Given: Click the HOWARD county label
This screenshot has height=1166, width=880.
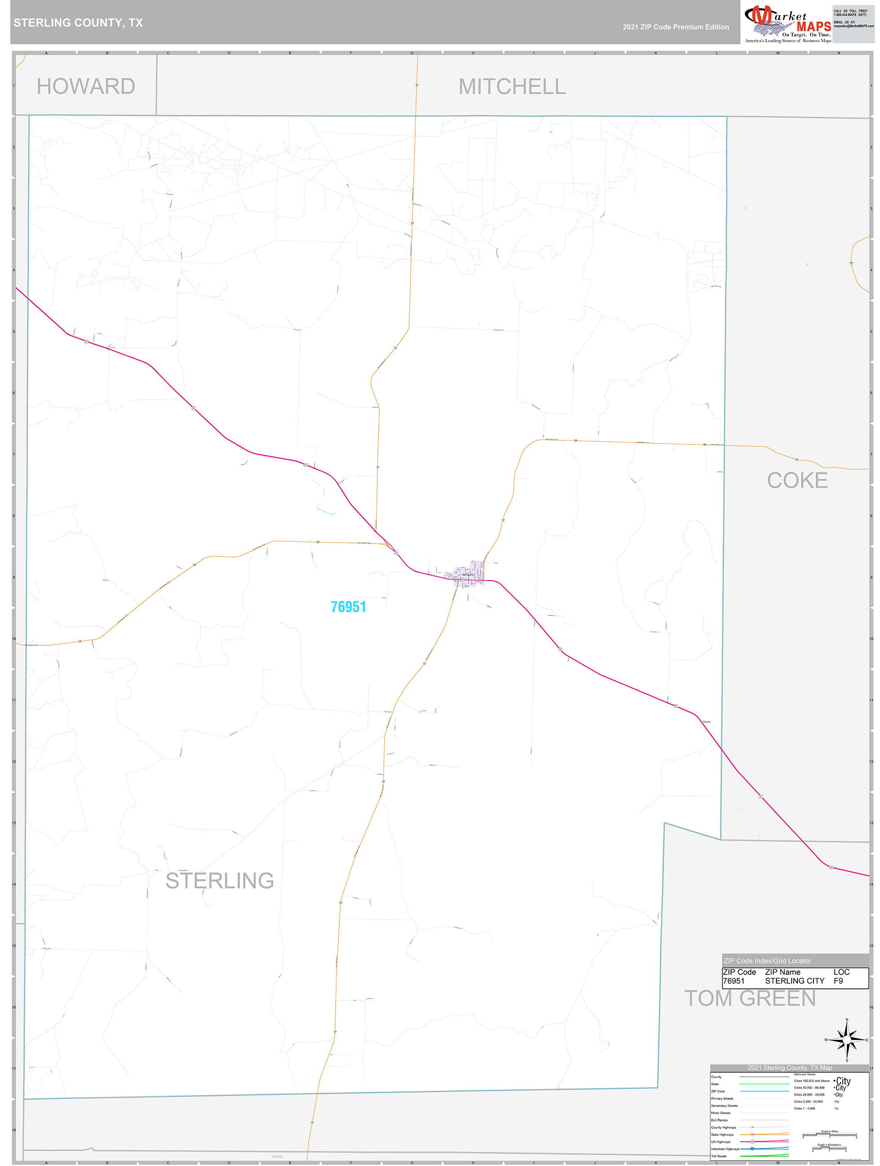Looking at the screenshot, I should click(86, 87).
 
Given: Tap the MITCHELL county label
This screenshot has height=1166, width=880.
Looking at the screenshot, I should click(512, 87).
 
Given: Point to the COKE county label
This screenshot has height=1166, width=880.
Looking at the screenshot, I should click(797, 480).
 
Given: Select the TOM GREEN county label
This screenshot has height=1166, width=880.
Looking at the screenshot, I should click(750, 998).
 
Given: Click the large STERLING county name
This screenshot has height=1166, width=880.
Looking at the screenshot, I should click(219, 881).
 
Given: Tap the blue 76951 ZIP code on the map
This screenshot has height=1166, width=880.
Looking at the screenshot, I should click(348, 607).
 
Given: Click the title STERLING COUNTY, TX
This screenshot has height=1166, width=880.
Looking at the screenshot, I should click(78, 23).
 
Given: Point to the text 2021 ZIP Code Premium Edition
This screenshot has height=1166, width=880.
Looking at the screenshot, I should click(675, 27).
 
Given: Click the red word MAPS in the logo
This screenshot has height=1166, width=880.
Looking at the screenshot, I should click(814, 26).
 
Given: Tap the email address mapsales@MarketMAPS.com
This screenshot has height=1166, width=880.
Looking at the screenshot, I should click(853, 26).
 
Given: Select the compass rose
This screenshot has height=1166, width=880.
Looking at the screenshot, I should click(847, 1040).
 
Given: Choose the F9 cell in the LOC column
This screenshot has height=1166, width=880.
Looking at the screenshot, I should click(838, 981).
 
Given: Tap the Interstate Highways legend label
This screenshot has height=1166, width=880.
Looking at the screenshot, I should click(725, 1149).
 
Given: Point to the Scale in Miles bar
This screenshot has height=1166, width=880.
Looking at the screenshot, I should click(829, 1134).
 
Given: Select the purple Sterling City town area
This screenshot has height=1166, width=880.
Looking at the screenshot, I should click(468, 572).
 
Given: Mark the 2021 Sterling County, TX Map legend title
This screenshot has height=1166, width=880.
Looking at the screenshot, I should click(789, 1067).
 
